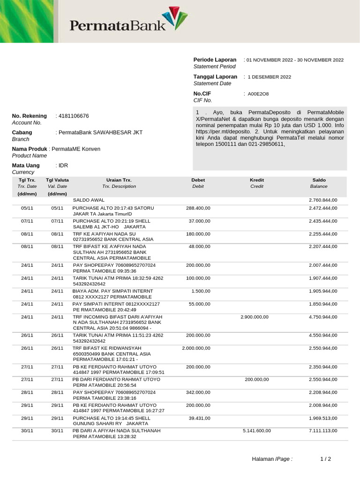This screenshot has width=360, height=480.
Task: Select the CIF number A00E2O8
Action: coord(258,94)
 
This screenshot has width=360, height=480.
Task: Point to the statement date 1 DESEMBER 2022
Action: coord(269,77)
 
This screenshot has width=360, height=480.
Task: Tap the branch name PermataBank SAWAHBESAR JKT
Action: coord(99,133)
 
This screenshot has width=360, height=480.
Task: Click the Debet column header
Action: coord(198,180)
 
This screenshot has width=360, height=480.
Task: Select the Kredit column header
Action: coord(257,180)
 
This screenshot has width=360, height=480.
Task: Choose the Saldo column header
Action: coord(319,180)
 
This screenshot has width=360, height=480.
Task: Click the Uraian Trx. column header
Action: coord(119,180)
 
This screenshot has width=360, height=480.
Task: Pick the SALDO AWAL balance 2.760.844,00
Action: coord(322,200)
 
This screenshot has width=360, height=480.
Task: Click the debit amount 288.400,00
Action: coord(198,208)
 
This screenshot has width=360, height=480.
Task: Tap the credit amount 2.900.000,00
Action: coord(254,317)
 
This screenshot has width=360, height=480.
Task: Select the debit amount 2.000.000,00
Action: coord(196,348)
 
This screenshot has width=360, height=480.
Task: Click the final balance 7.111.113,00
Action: coord(322,430)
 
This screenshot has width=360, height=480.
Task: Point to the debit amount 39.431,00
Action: coord(199,418)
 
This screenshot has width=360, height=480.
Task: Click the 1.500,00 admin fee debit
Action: coord(201,291)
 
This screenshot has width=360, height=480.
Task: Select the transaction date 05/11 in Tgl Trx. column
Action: coord(27,208)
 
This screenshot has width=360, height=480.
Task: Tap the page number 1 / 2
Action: coord(326,459)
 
